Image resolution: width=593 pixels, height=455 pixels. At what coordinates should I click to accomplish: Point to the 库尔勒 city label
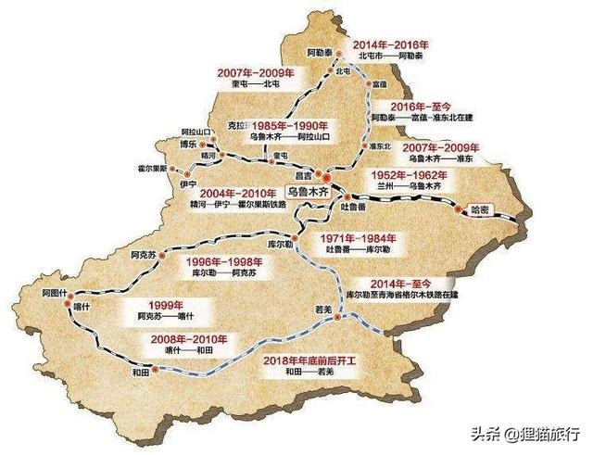point(280,241)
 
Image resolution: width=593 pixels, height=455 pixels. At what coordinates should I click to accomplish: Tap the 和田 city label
point(141,373)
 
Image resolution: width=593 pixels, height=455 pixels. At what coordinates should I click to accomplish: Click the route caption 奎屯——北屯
point(251,84)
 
